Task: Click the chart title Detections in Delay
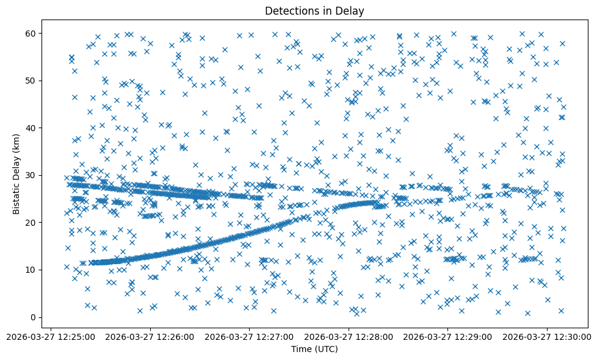[314, 11]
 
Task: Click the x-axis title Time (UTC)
[314, 349]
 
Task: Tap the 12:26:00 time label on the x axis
[150, 337]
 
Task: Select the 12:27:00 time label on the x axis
[249, 337]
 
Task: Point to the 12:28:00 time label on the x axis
[349, 337]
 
